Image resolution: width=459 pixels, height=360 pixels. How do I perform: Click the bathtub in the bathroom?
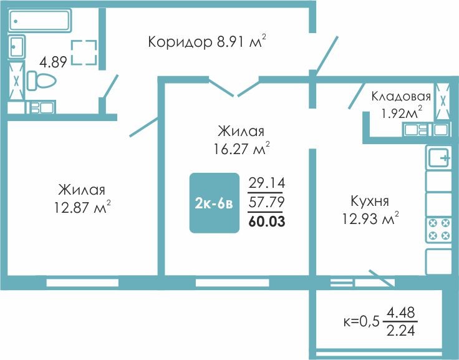coord(40,20)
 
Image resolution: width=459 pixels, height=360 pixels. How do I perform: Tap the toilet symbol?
coord(42,80)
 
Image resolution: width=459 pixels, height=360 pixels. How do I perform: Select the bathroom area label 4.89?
coord(53,62)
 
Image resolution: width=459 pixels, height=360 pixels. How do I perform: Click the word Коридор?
coord(180,42)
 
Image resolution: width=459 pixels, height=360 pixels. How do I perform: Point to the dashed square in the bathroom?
coord(84,52)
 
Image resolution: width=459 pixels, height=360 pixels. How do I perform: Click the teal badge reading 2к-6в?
coord(215,203)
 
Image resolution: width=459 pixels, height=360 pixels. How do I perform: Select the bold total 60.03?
coord(266,221)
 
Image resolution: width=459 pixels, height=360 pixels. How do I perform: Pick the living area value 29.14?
coord(266,183)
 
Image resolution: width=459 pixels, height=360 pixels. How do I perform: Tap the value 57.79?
coord(266,202)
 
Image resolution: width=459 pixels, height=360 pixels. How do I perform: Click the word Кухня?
coord(370,202)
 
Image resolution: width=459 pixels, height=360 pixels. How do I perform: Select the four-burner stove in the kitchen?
coord(439,230)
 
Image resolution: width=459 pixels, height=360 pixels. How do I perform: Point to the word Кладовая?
coord(401,96)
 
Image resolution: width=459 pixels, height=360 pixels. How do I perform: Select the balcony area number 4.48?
coord(400,313)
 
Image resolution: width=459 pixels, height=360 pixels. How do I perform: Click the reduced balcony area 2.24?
coord(400,331)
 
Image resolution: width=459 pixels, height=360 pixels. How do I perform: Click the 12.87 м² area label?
coord(82,207)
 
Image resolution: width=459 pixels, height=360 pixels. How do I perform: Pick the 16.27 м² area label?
coord(241,148)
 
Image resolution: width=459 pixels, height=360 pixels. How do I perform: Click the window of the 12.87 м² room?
coord(82,283)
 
